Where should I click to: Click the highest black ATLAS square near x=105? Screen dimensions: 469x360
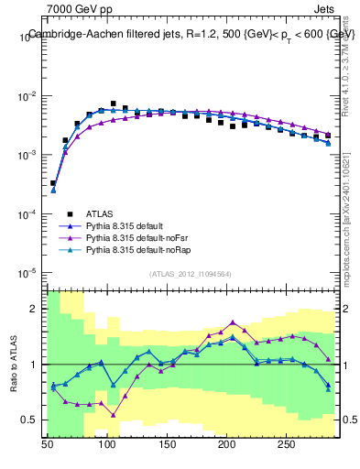point(114,104)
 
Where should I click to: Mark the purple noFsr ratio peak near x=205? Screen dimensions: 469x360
point(233,322)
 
